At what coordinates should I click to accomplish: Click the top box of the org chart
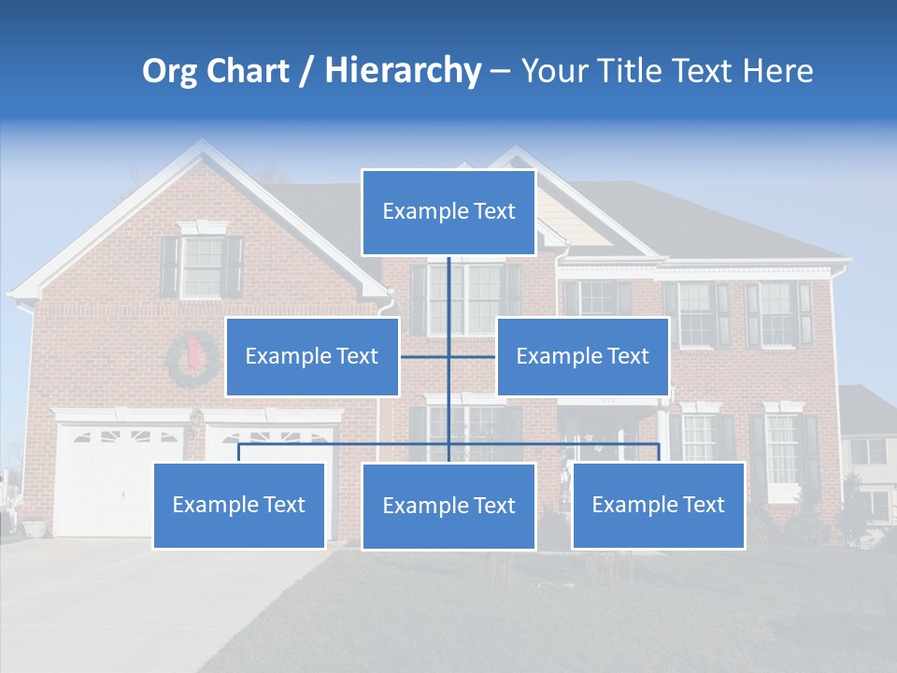point(448,211)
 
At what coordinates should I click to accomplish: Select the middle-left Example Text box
point(312,356)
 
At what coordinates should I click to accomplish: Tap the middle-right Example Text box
point(582,356)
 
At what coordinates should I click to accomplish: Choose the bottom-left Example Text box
point(238,505)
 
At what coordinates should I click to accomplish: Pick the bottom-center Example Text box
point(448,506)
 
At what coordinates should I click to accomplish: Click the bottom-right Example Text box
point(658,505)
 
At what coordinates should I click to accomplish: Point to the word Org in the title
point(168,71)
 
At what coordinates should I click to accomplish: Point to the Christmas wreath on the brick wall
point(192,360)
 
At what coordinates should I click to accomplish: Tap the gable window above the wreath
point(202,266)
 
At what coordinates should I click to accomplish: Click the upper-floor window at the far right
point(777,313)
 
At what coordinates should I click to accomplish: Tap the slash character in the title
point(306,71)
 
